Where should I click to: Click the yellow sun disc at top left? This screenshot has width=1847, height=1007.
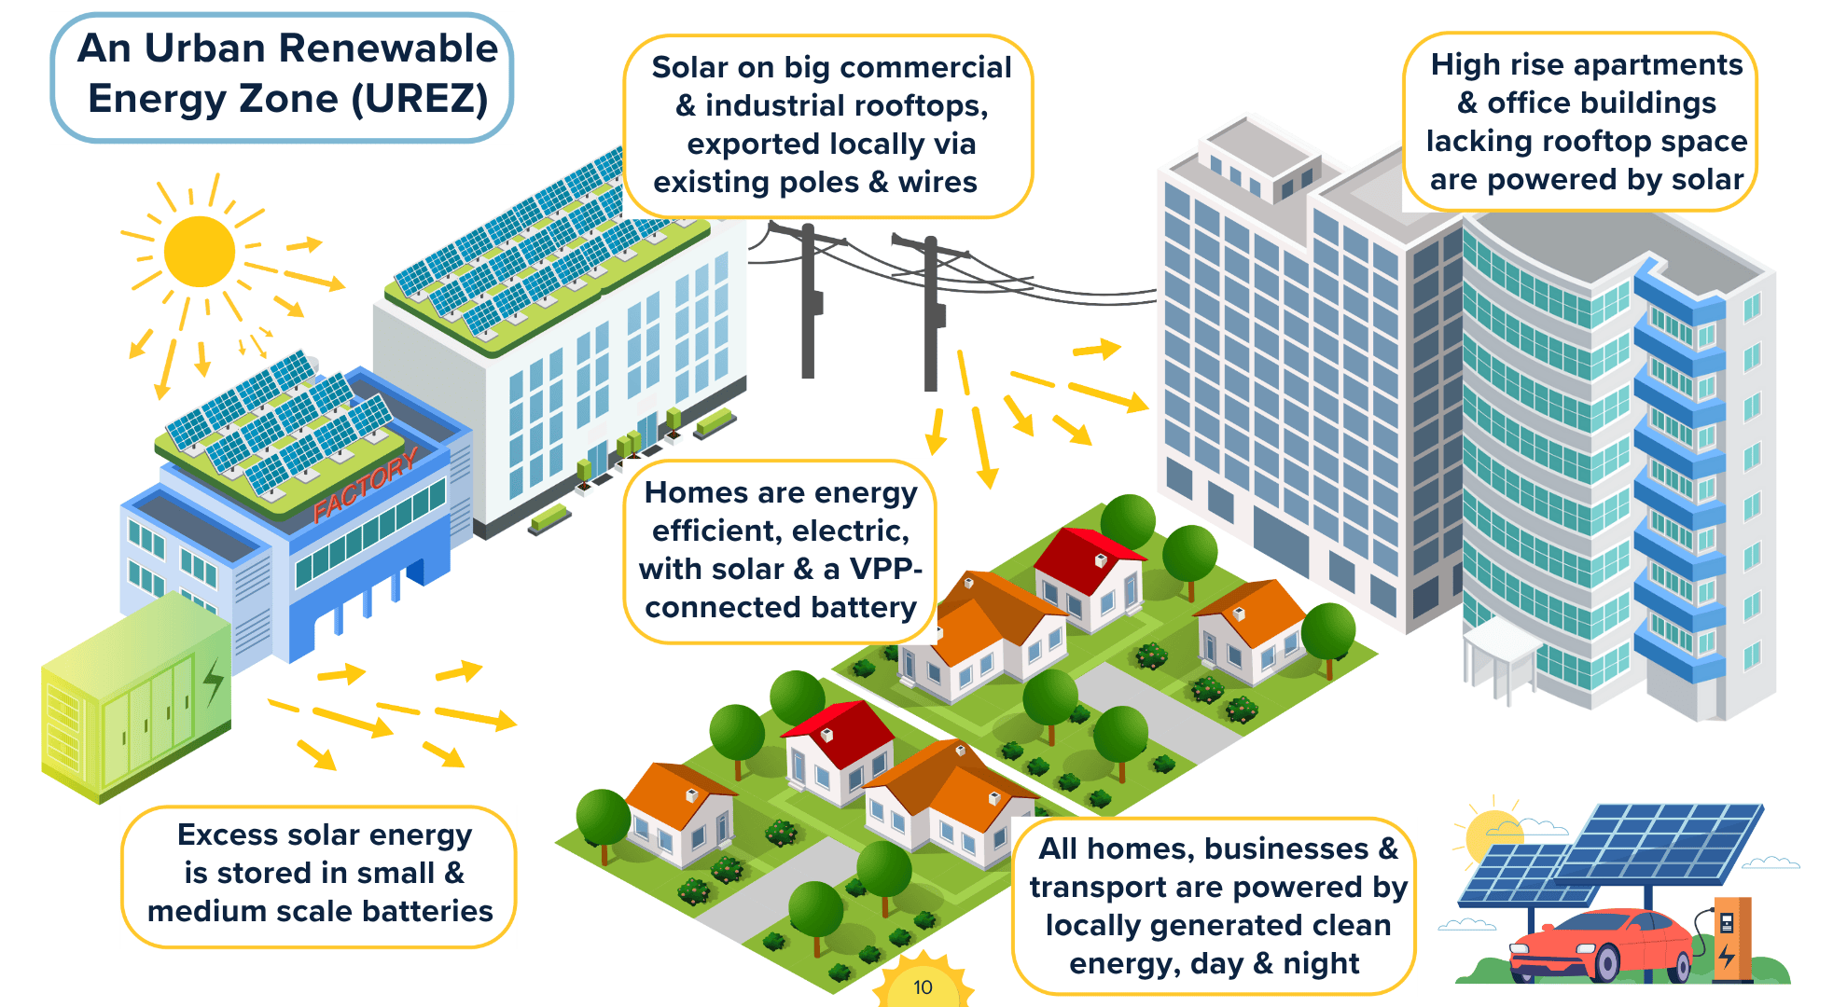pos(199,252)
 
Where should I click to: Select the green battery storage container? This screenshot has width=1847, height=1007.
pos(135,699)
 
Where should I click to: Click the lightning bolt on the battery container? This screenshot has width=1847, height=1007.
pos(214,681)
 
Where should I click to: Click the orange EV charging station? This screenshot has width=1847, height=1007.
pos(1730,937)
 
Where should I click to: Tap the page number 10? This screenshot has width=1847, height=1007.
pos(923,987)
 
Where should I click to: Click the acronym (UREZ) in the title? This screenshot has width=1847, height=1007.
pos(420,99)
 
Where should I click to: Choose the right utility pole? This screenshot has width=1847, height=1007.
pos(931,317)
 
